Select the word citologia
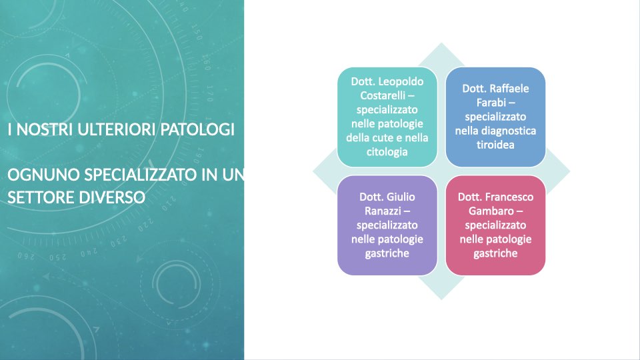tap(387, 152)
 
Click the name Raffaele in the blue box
tap(509, 89)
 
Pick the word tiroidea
tap(495, 145)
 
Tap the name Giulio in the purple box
tap(401, 197)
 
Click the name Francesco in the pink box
tap(509, 197)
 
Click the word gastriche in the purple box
tap(387, 253)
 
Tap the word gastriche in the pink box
tap(495, 253)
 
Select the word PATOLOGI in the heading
tap(197, 130)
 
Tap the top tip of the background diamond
tap(441, 43)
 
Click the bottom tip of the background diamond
tap(441, 299)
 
